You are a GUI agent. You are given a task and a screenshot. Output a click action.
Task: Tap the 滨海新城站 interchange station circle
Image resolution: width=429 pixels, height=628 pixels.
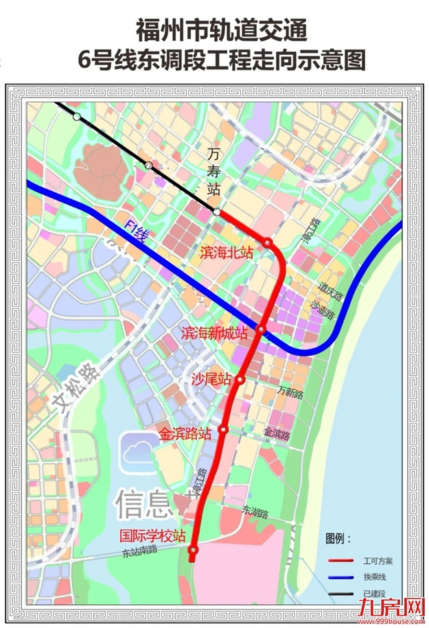[x=261, y=331]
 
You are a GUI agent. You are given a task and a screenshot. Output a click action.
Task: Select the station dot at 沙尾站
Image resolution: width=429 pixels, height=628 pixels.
[x=240, y=380]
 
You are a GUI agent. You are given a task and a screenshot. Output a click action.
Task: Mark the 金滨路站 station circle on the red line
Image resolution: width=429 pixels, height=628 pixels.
[x=223, y=430]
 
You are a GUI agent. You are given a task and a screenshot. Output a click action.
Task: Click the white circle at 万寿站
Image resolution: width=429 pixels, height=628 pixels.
[x=217, y=213]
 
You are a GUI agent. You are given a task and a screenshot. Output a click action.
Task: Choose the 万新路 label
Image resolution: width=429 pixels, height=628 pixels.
[x=290, y=393]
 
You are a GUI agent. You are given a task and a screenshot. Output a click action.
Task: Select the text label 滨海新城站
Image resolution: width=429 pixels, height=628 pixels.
[x=214, y=334]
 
